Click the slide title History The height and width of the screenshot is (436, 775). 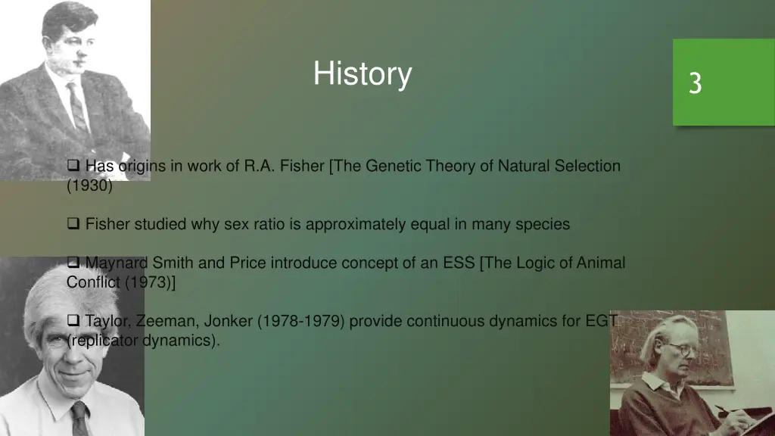(363, 74)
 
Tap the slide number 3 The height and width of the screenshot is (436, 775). (695, 83)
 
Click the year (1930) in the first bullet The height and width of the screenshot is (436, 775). (89, 186)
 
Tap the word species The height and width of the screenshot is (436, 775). (543, 225)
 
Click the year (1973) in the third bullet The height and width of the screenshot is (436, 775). (150, 283)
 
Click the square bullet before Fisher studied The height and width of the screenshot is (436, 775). (73, 224)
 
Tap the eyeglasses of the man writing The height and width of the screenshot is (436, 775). (680, 350)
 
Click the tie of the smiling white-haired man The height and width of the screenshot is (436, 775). (79, 419)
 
